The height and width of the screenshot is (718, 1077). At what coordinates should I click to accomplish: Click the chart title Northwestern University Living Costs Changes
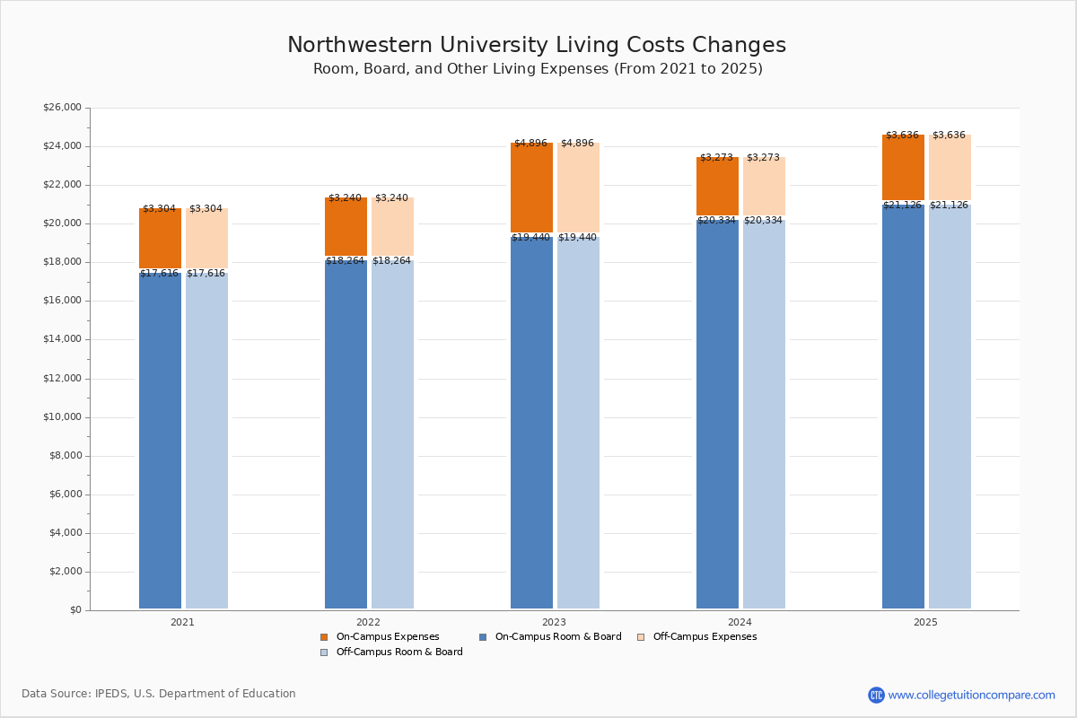[x=537, y=46]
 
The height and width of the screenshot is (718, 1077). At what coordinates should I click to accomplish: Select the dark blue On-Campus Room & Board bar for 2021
[x=160, y=440]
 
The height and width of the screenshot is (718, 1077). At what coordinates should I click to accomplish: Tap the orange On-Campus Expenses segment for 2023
[x=531, y=188]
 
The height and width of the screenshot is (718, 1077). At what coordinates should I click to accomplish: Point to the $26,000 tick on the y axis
[x=62, y=108]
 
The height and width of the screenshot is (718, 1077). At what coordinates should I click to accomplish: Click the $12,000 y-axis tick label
[x=62, y=379]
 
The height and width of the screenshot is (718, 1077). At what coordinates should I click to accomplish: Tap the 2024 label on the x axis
[x=740, y=622]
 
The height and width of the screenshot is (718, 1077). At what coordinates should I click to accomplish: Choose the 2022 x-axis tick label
[x=368, y=622]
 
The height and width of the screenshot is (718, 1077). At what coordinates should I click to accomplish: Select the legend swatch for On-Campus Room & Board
[x=483, y=637]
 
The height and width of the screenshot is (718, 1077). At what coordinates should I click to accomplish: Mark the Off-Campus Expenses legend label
[x=705, y=637]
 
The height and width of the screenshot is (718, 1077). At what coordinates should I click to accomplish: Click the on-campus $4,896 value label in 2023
[x=530, y=144]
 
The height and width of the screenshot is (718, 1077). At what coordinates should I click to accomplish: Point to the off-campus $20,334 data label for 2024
[x=763, y=221]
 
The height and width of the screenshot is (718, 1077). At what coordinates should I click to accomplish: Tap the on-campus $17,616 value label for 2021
[x=159, y=274]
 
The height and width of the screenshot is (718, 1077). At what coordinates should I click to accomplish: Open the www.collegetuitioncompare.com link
[x=971, y=695]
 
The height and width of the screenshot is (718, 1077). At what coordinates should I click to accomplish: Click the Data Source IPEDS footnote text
[x=159, y=694]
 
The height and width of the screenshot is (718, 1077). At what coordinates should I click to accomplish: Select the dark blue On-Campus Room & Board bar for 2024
[x=717, y=413]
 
